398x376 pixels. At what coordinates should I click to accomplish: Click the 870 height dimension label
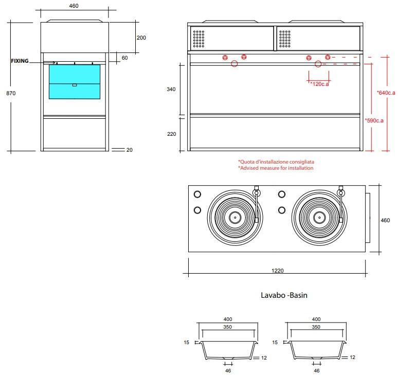(11, 93)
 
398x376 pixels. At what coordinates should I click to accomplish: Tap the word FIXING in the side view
(20, 61)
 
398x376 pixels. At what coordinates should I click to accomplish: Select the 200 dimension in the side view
(141, 38)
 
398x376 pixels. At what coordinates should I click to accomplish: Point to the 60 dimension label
(124, 58)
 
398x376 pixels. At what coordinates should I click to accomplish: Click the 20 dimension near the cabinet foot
(130, 150)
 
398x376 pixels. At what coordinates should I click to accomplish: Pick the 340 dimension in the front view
(171, 89)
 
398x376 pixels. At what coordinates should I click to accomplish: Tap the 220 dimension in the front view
(172, 134)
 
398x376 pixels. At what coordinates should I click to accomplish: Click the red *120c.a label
(319, 84)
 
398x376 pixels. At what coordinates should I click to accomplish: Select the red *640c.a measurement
(386, 93)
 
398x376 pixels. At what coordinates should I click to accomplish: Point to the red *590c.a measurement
(374, 120)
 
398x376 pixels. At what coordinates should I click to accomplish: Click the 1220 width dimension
(278, 271)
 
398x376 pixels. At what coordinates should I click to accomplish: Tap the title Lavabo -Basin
(284, 295)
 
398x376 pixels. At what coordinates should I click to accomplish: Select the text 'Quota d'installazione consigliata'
(276, 162)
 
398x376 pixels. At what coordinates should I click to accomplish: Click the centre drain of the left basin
(235, 218)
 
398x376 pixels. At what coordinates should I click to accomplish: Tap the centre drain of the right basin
(319, 218)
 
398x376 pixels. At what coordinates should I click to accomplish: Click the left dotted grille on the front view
(198, 39)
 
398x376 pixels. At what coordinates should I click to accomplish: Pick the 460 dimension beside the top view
(385, 220)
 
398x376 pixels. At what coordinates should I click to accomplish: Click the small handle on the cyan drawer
(75, 85)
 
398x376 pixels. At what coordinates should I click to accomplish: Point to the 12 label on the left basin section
(264, 357)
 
